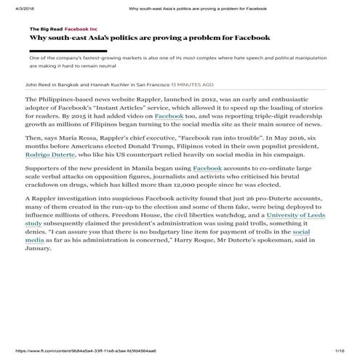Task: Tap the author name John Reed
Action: click(x=40, y=84)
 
